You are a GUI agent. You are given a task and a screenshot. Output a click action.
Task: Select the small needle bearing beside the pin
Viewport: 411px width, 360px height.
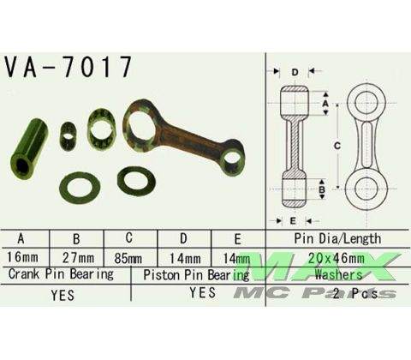pos(68,135)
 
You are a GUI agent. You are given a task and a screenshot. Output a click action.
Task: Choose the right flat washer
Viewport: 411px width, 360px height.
pos(135,180)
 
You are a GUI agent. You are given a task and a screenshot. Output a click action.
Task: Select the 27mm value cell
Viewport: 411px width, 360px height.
pos(79,256)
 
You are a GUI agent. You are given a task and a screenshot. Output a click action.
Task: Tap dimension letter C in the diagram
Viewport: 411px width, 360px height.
pos(337,147)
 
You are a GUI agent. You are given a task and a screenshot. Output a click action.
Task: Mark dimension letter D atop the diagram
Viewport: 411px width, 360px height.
pos(295,72)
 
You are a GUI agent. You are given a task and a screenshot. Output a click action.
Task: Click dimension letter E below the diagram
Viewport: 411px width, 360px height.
pos(294,219)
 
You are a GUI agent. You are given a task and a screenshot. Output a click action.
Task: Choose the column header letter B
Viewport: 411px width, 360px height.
pos(79,238)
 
